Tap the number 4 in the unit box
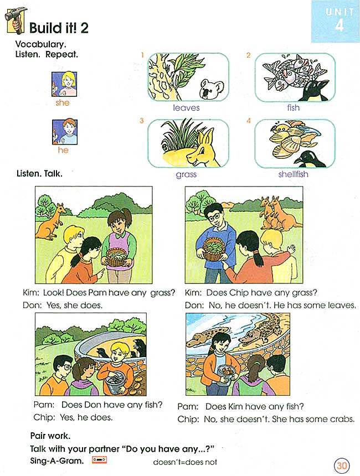click(339, 27)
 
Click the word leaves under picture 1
click(186, 107)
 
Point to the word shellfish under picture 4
click(294, 174)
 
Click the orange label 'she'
click(63, 102)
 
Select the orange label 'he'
click(63, 150)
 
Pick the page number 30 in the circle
click(342, 465)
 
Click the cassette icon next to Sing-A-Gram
click(100, 459)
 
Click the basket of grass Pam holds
click(117, 257)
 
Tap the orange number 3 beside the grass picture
click(142, 121)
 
